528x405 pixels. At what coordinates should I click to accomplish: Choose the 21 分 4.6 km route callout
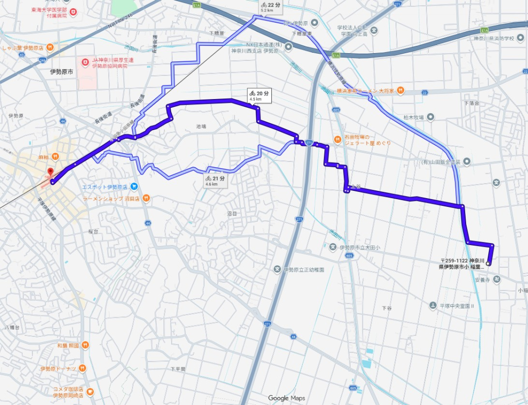click(x=216, y=181)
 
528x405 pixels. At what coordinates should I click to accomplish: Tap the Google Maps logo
click(x=286, y=398)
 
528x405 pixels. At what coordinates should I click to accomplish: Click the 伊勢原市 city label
click(x=61, y=71)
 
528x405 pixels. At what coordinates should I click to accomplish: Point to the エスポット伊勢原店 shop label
click(x=104, y=187)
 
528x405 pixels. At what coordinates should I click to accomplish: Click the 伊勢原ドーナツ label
click(x=58, y=369)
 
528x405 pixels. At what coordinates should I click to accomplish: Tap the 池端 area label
click(x=201, y=126)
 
